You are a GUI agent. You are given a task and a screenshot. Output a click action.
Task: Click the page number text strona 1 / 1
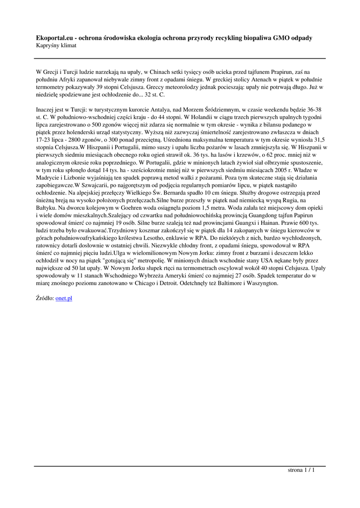pyautogui.click(x=301, y=470)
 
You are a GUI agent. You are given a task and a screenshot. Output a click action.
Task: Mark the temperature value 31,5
pyautogui.click(x=306, y=140)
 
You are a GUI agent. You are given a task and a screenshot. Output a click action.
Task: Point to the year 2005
pyautogui.click(x=272, y=170)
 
